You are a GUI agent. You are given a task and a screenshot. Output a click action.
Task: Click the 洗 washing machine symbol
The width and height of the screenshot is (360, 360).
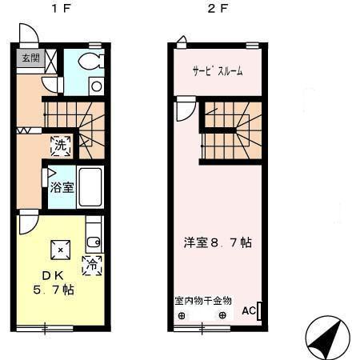coord(61,146)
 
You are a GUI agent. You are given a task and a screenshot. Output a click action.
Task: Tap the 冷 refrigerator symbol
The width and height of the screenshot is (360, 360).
coord(93,263)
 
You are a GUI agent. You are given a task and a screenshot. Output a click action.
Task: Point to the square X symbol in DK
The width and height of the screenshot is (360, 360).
coord(61,250)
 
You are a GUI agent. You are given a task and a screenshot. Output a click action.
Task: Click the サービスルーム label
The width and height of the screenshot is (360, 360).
coord(217,71)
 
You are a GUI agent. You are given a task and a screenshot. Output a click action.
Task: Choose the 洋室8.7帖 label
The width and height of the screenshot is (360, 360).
coord(215,241)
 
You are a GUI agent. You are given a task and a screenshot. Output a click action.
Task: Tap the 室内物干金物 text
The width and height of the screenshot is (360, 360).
coord(203,301)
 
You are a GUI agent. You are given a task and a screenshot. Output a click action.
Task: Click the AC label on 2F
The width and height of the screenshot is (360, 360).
coord(248,311)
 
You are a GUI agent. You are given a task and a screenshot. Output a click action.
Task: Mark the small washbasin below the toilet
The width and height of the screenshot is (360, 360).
coord(95,86)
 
